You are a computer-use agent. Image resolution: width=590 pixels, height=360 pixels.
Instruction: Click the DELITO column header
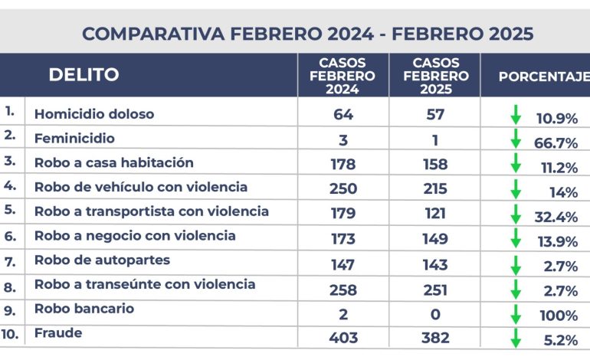coord(84,74)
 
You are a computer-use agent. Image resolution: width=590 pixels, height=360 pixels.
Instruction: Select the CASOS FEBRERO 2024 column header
coord(343,76)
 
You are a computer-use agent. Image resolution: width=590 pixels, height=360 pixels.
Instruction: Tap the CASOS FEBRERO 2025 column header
coord(436,76)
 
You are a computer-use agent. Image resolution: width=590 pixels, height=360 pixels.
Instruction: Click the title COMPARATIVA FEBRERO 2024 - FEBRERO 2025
coord(307,34)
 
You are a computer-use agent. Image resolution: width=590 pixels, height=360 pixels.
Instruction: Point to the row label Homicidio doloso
coord(94,114)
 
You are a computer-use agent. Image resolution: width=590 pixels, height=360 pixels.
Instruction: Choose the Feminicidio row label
coord(74,139)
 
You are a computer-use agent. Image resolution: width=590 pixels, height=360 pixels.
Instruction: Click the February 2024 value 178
coord(343,165)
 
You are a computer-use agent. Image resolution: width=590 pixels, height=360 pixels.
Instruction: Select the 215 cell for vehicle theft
coord(435,188)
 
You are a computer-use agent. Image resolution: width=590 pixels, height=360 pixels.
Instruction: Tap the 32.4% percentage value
coord(556,217)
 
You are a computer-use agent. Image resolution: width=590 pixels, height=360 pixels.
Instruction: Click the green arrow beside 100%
coord(516,314)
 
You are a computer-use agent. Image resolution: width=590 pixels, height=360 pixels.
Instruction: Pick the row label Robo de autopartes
coord(102,260)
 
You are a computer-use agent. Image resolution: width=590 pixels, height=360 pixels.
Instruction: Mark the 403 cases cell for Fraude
coord(343,338)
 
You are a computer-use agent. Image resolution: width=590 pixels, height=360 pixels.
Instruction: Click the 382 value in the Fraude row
coord(435,338)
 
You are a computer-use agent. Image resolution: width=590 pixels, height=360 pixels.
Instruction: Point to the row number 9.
coord(10,311)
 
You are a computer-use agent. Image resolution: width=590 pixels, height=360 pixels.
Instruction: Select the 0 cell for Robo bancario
coord(435,314)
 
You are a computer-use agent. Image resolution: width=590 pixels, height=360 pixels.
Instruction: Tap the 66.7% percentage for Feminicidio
coord(556,143)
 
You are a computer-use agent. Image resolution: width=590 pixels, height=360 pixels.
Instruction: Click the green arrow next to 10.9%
coord(516,115)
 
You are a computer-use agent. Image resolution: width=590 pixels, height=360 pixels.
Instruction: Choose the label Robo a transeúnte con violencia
coord(145,284)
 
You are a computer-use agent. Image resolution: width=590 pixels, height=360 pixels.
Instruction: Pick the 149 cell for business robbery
coord(435,239)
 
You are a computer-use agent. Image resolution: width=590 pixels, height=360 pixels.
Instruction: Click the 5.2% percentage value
coord(561,340)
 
